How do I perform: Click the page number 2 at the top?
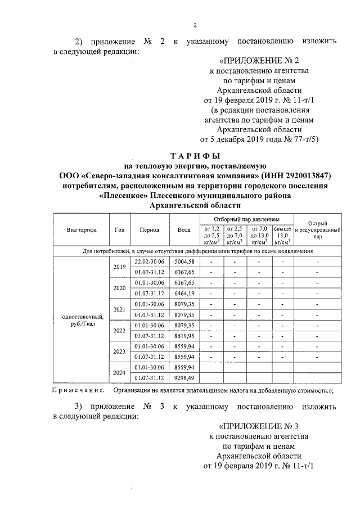coord(195,24)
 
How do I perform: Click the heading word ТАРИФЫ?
coord(195,155)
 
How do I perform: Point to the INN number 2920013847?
coord(307,175)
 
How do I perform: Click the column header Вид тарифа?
coord(82,229)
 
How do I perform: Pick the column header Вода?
coord(184,229)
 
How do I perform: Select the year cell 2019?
coord(119,267)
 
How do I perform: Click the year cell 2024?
coord(119,372)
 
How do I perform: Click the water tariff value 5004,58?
coord(184,262)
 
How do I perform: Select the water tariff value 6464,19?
coord(184,294)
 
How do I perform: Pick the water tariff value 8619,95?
coord(184,336)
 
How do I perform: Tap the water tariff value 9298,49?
coord(184,378)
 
